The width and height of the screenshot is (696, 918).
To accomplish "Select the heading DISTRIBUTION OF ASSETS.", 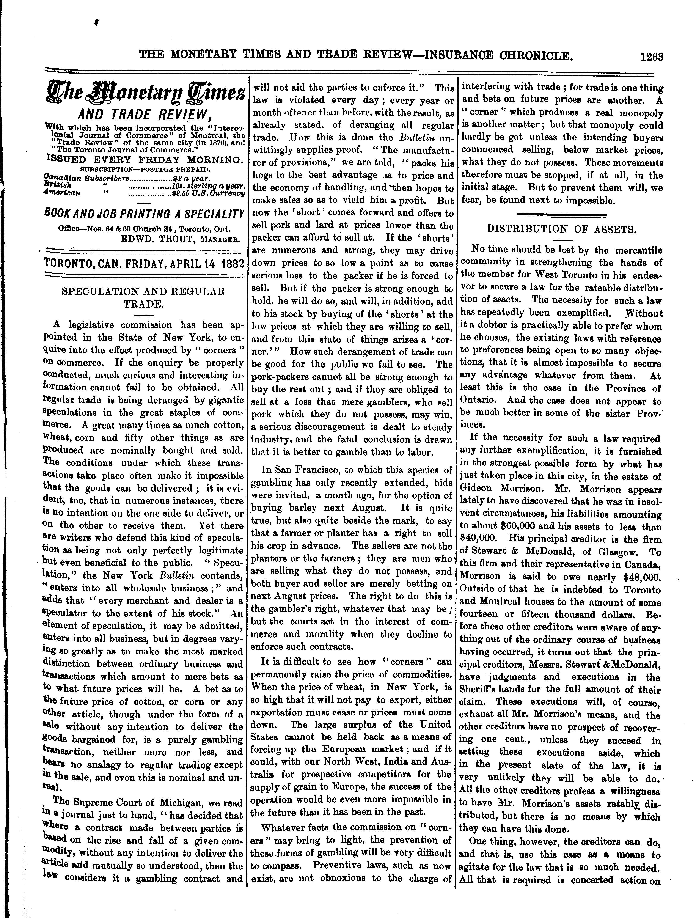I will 562,229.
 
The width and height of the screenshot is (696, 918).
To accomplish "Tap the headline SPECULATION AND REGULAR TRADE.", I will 143,297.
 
